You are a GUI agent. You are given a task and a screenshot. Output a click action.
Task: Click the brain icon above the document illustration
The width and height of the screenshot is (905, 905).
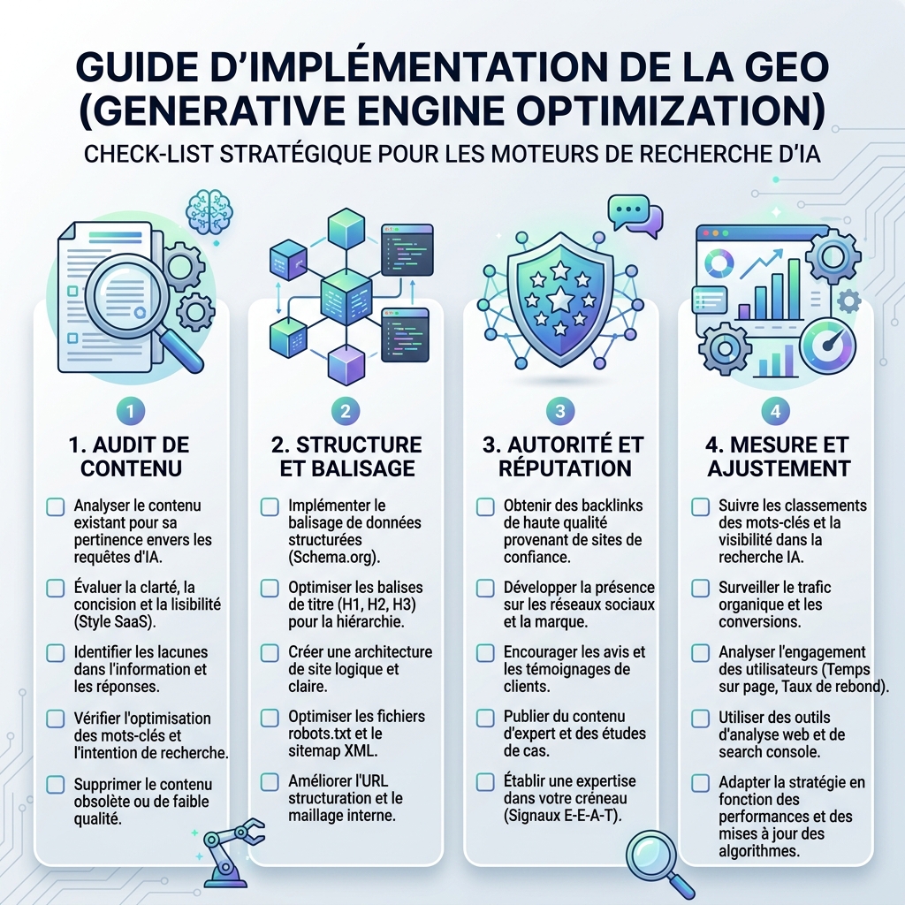pyautogui.click(x=209, y=212)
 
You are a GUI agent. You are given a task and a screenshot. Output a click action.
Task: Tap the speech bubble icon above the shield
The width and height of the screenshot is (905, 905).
pyautogui.click(x=635, y=216)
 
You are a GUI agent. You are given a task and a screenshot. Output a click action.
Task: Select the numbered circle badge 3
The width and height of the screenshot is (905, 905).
pyautogui.click(x=559, y=411)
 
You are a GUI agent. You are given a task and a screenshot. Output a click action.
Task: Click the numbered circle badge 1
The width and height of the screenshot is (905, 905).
pyautogui.click(x=131, y=411)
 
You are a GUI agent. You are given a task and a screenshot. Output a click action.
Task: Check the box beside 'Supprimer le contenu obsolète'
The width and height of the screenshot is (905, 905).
pyautogui.click(x=56, y=785)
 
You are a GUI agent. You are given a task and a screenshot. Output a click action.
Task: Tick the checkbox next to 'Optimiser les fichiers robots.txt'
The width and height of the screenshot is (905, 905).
pyautogui.click(x=270, y=718)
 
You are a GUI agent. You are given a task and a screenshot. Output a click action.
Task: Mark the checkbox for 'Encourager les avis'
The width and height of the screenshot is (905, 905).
pyautogui.click(x=485, y=653)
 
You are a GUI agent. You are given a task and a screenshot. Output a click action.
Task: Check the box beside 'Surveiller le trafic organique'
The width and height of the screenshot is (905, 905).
pyautogui.click(x=700, y=588)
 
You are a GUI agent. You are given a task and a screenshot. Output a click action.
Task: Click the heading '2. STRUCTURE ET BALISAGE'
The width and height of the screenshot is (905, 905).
pyautogui.click(x=346, y=457)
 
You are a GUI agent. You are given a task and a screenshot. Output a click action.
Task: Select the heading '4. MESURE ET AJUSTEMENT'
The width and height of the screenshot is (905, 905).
pyautogui.click(x=778, y=457)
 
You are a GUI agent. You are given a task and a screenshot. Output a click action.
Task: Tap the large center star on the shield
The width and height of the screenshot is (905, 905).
pyautogui.click(x=559, y=300)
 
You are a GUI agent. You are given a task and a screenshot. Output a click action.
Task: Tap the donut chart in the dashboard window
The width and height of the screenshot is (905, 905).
pyautogui.click(x=719, y=263)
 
